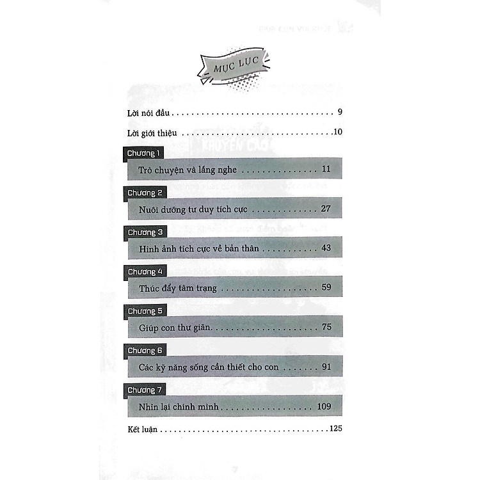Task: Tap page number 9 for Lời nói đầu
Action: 340,113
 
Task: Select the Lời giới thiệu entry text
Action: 152,133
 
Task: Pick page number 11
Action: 326,170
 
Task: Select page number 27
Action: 326,209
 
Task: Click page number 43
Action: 326,248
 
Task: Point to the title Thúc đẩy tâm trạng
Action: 178,288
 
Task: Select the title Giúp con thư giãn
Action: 175,328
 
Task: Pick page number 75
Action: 326,328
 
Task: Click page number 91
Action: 326,367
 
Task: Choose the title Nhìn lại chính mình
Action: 182,407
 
